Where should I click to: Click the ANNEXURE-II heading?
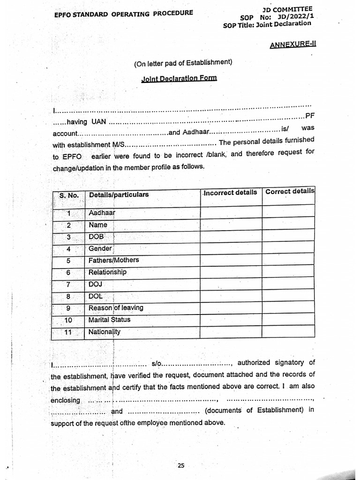click(293, 45)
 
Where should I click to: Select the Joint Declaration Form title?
click(179, 78)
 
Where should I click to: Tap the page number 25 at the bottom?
click(181, 465)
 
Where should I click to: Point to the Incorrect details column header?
click(230, 193)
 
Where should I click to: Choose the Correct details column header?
click(289, 192)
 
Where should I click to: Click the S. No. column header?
click(69, 195)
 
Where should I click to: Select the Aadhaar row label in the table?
click(102, 213)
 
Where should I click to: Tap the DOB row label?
click(96, 237)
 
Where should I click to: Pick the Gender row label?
click(100, 248)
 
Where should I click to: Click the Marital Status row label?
click(109, 320)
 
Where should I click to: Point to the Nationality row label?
click(105, 332)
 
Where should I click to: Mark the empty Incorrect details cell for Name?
click(231, 225)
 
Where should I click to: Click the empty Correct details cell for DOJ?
click(288, 284)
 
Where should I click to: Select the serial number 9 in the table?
click(68, 308)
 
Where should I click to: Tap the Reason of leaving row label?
click(116, 308)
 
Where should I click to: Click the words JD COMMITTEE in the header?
click(288, 9)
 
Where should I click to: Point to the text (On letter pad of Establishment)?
click(183, 62)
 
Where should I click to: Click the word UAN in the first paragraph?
click(98, 122)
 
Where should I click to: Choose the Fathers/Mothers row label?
click(113, 260)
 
